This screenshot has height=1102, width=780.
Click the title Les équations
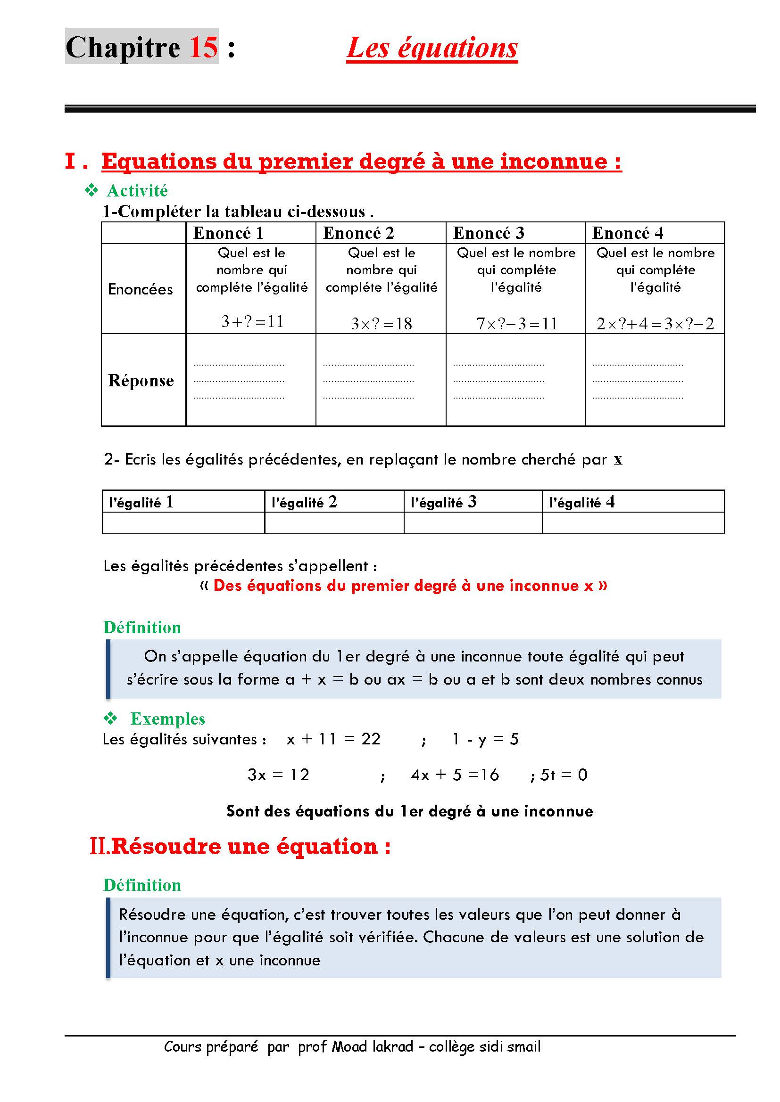(432, 48)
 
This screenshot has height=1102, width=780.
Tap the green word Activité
(137, 190)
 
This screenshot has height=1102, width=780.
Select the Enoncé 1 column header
(228, 233)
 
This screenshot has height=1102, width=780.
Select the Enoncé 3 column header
(489, 233)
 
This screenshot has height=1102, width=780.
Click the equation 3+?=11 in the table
(252, 321)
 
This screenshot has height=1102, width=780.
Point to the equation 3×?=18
(382, 324)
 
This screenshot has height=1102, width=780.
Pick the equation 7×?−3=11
(516, 324)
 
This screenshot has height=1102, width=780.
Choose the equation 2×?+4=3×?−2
(655, 324)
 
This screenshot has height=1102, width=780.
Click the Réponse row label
(141, 380)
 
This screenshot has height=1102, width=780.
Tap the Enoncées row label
(140, 289)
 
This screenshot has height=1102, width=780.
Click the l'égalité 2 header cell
(304, 502)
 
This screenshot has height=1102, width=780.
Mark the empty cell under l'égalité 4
(633, 522)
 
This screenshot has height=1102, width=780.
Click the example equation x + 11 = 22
(333, 739)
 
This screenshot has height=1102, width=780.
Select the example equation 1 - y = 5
(485, 739)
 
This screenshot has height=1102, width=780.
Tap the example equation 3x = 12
(278, 775)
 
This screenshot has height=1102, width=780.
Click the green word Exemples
(167, 718)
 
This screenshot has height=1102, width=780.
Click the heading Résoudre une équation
(250, 846)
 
